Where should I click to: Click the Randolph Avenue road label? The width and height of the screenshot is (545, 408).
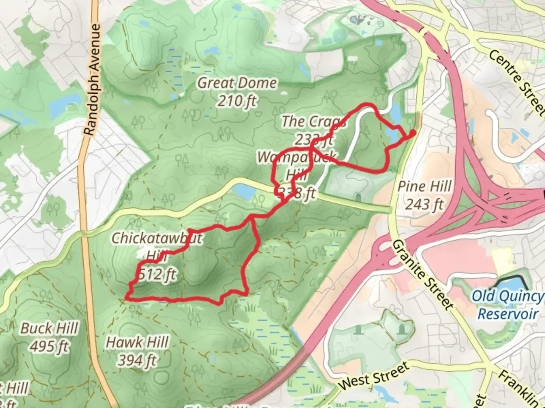(93, 80)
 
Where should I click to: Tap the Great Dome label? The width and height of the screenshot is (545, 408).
(237, 83)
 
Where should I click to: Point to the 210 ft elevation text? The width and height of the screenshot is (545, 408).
(237, 101)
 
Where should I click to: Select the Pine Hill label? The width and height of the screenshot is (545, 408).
(424, 186)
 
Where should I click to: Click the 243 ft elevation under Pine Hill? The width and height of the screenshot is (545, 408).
(424, 204)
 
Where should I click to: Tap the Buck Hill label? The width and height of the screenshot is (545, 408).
(49, 328)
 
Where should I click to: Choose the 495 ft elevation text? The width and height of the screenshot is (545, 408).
(49, 346)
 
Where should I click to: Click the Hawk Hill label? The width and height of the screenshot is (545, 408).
(137, 342)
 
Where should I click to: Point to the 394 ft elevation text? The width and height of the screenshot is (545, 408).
(137, 360)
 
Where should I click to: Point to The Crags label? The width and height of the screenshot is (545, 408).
(313, 122)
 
